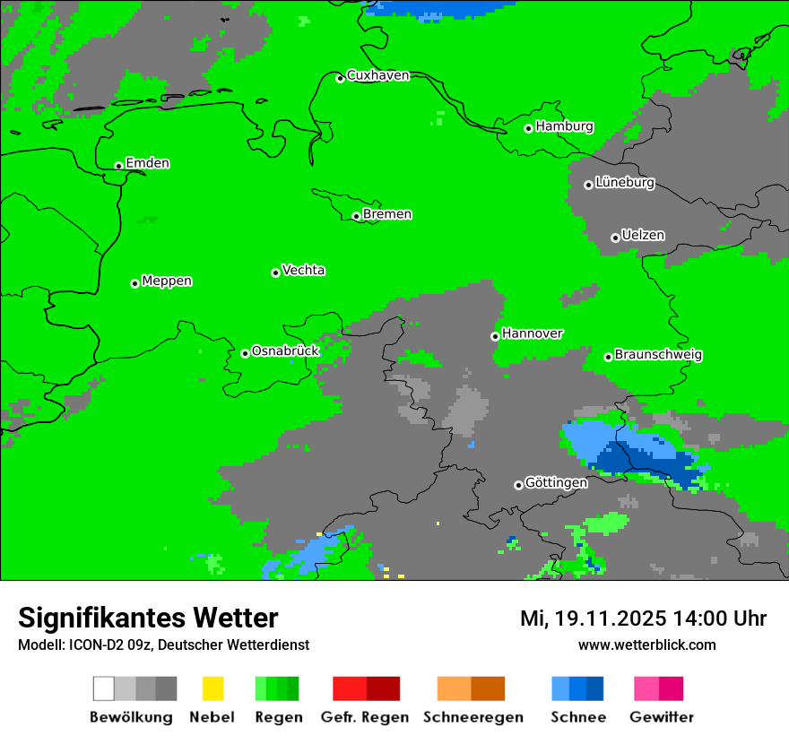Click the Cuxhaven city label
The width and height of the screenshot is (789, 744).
click(377, 75)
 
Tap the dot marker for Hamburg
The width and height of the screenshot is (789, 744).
click(529, 128)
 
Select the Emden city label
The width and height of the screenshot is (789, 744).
click(147, 163)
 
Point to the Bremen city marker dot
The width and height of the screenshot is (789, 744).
click(356, 216)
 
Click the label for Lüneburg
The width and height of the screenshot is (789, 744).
click(624, 183)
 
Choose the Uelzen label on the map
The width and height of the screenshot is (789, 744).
click(643, 236)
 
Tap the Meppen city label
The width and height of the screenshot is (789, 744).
click(167, 281)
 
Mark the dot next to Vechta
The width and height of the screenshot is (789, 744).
click(275, 273)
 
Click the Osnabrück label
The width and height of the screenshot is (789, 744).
click(285, 351)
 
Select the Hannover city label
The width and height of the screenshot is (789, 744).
click(532, 333)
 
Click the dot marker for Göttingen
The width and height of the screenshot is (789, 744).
click(518, 485)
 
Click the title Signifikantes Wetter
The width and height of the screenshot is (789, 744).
click(148, 618)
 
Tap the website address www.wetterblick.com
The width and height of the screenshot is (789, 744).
click(646, 645)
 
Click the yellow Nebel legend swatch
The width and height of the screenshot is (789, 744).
click(212, 688)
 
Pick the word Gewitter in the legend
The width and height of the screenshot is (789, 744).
click(662, 717)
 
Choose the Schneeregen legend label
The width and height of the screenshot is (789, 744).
click(473, 717)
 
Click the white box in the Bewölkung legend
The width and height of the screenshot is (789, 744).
click(104, 688)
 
